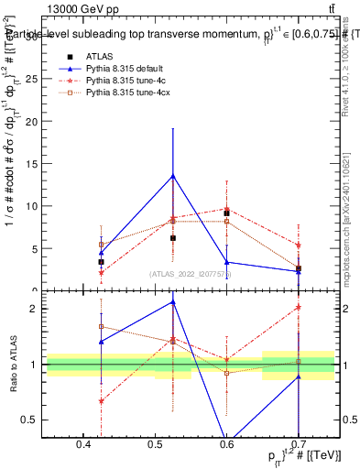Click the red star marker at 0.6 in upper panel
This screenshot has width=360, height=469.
[x=226, y=209]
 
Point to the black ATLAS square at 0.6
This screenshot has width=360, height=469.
[x=226, y=213]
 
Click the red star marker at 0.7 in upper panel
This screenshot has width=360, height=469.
[x=299, y=245]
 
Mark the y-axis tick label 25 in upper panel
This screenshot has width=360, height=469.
[x=31, y=79]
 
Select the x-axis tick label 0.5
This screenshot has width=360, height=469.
[x=155, y=445]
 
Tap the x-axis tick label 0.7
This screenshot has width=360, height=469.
[x=300, y=445]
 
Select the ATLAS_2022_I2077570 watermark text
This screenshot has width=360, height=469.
[x=191, y=274]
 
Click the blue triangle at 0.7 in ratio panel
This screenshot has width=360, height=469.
[x=299, y=377]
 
